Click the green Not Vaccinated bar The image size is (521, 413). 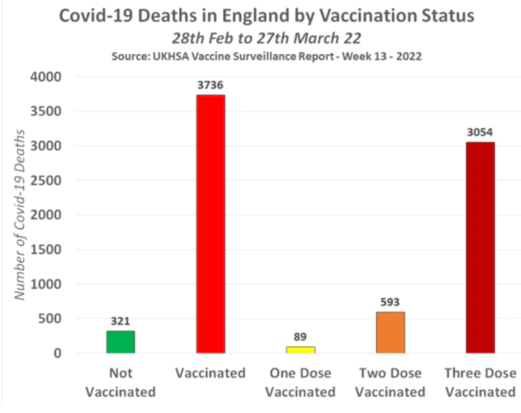coord(120,342)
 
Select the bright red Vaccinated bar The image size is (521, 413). coord(210,224)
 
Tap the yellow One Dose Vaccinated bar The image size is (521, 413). coord(300,349)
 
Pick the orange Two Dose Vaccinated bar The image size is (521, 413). coord(390,332)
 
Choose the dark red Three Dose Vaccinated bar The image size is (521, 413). coord(480,247)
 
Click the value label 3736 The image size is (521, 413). coord(210,85)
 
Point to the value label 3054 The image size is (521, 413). coord(480,132)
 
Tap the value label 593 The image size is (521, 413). coord(390,302)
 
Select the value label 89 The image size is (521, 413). coord(300,336)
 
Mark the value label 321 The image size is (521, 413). coord(120,321)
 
